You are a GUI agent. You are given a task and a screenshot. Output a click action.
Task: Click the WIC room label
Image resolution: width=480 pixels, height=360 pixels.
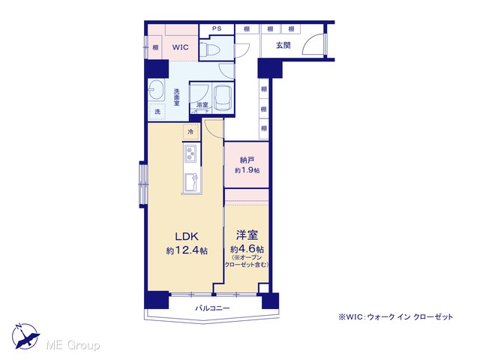tap(180, 47)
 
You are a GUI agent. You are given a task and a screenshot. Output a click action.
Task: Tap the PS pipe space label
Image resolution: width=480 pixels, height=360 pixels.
tap(217, 28)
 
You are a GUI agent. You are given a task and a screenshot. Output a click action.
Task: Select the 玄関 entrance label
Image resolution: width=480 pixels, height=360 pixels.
tap(283, 46)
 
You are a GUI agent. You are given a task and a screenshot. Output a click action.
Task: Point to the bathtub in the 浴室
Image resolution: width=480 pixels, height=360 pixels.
tap(223, 97)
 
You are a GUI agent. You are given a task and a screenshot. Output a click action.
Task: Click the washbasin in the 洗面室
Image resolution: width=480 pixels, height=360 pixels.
tap(156, 89)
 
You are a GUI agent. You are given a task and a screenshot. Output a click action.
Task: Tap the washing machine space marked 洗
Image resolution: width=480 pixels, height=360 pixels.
tap(157, 112)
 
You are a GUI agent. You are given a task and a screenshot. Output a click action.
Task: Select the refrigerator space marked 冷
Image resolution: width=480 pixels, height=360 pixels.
tap(190, 132)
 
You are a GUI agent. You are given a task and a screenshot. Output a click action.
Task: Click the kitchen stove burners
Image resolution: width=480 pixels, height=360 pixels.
tap(191, 153)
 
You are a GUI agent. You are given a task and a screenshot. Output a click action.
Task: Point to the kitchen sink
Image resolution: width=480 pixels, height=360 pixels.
tap(191, 182)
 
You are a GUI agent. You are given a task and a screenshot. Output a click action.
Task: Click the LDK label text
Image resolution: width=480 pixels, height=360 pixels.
tap(187, 236)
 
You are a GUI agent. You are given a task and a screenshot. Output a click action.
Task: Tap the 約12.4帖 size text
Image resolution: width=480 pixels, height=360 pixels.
tap(187, 251)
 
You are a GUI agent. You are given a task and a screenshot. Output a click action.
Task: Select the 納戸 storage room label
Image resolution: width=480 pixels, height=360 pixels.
tap(247, 160)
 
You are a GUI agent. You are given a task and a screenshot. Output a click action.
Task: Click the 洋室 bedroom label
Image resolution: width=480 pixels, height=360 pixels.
tap(247, 235)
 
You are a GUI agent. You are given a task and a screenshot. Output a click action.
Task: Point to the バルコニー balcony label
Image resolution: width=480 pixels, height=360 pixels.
tap(212, 308)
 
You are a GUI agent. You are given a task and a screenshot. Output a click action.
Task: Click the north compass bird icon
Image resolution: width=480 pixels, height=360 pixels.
tap(25, 336)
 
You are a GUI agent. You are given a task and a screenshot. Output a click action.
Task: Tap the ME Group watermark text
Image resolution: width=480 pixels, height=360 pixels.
tap(73, 345)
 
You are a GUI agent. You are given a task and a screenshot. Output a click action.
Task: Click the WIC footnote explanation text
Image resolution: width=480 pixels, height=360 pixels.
tap(395, 317)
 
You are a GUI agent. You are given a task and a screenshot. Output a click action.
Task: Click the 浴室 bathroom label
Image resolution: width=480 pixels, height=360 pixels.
tap(202, 105)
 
